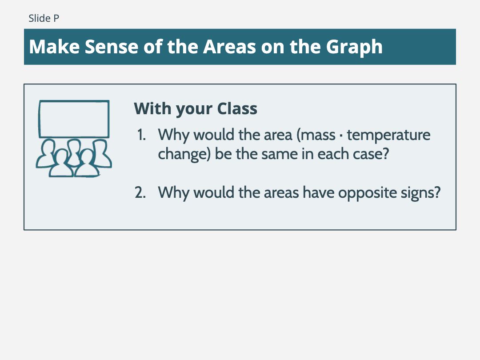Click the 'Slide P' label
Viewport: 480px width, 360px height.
pyautogui.click(x=44, y=18)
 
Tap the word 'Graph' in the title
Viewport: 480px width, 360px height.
pyautogui.click(x=354, y=47)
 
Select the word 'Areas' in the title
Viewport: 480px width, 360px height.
pyautogui.click(x=230, y=47)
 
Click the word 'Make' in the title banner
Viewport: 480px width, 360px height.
pyautogui.click(x=54, y=47)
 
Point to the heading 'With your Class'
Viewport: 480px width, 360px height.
pyautogui.click(x=196, y=109)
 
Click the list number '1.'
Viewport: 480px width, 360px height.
pyautogui.click(x=141, y=135)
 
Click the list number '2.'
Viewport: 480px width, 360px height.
pyautogui.click(x=140, y=192)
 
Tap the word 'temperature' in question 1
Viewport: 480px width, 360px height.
pyautogui.click(x=388, y=135)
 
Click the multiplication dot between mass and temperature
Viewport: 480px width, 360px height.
pyautogui.click(x=341, y=136)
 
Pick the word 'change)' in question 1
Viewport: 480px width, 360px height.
pyautogui.click(x=184, y=154)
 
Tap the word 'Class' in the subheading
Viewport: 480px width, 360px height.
pyautogui.click(x=237, y=109)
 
